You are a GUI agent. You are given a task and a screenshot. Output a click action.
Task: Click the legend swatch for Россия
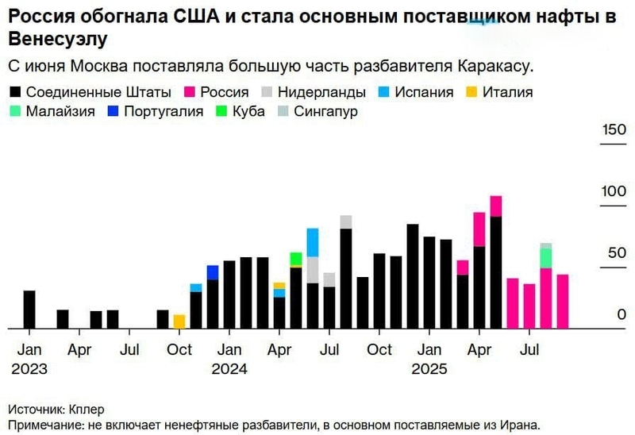coord(190,92)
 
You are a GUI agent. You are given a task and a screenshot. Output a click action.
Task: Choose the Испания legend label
coord(425,92)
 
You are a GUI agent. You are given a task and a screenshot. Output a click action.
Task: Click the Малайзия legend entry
coord(60,111)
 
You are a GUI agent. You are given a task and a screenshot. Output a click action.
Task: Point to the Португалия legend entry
coord(159,111)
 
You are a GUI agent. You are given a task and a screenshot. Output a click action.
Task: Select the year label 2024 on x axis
coord(229,369)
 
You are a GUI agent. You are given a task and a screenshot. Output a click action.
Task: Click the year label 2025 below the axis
coord(429,369)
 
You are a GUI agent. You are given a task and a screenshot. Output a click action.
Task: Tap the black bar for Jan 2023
coord(29,309)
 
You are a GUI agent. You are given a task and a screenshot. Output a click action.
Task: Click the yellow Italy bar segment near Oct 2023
coord(179,321)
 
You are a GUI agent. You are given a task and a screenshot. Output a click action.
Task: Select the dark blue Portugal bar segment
coord(213,272)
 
